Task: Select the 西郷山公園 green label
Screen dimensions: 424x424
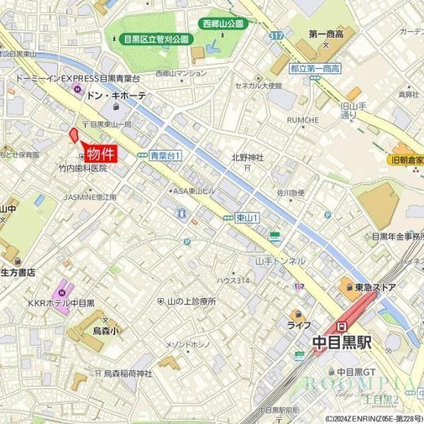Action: tap(223, 23)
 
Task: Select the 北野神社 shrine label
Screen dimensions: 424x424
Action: tap(247, 158)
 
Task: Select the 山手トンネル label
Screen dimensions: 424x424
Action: tap(281, 261)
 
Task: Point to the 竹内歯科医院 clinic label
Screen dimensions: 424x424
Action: tap(83, 168)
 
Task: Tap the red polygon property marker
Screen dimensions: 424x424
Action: tap(73, 136)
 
